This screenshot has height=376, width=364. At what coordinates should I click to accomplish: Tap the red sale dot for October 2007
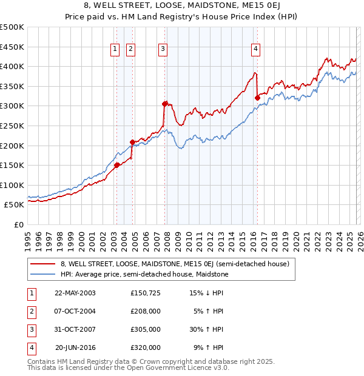tap(165, 104)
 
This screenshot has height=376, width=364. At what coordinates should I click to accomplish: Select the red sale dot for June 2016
tap(257, 98)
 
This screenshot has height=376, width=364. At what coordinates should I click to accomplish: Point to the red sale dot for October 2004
tap(132, 143)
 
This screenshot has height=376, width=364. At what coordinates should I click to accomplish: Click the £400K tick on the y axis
tap(13, 66)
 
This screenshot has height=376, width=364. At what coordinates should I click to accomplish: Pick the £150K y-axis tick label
tap(13, 165)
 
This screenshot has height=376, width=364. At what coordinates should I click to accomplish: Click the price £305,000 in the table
tap(146, 331)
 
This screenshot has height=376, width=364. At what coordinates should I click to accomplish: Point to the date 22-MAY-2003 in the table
tap(75, 293)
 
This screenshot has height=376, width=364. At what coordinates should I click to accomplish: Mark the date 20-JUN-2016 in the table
tap(75, 348)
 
